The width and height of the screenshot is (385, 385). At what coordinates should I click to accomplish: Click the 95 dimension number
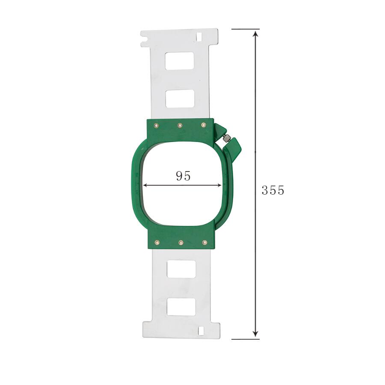183,176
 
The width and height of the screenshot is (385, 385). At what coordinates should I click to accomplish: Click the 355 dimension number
273,190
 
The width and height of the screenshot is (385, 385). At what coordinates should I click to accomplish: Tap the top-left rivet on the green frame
156,126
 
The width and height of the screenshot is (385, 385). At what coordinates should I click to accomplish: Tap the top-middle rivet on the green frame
180,125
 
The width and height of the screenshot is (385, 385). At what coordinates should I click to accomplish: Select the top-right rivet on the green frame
204,125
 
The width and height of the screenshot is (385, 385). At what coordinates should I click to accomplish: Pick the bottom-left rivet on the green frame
157,243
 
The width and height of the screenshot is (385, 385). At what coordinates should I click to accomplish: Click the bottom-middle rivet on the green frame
181,243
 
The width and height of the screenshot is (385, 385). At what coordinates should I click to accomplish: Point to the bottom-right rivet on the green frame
204,243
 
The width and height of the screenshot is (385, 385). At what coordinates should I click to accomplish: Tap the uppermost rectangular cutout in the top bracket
180,61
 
